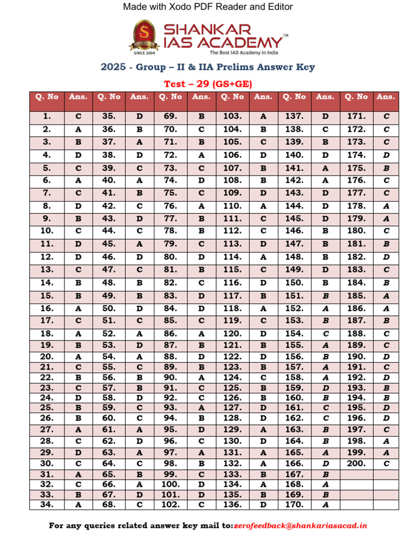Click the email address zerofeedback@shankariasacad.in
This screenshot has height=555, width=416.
[300, 525]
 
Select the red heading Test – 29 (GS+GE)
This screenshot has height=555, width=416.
[208, 83]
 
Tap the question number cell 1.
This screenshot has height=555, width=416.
[47, 116]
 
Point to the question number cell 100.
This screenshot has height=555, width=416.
[170, 484]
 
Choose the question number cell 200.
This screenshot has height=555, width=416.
[356, 463]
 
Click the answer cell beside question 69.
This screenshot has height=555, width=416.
[201, 116]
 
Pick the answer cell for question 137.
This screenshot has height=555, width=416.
[325, 116]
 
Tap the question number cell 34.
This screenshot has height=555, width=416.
[47, 505]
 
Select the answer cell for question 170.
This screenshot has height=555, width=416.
[325, 505]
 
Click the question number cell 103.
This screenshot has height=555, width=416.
[232, 116]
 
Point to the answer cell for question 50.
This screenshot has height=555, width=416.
[139, 308]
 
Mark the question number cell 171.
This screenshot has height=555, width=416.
[356, 116]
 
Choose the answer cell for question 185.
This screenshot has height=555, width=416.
[386, 296]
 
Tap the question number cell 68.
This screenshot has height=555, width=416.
[108, 505]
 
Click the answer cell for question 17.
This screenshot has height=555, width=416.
[77, 320]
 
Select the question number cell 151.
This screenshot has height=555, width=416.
[294, 296]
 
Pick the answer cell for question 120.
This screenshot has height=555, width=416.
[263, 333]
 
